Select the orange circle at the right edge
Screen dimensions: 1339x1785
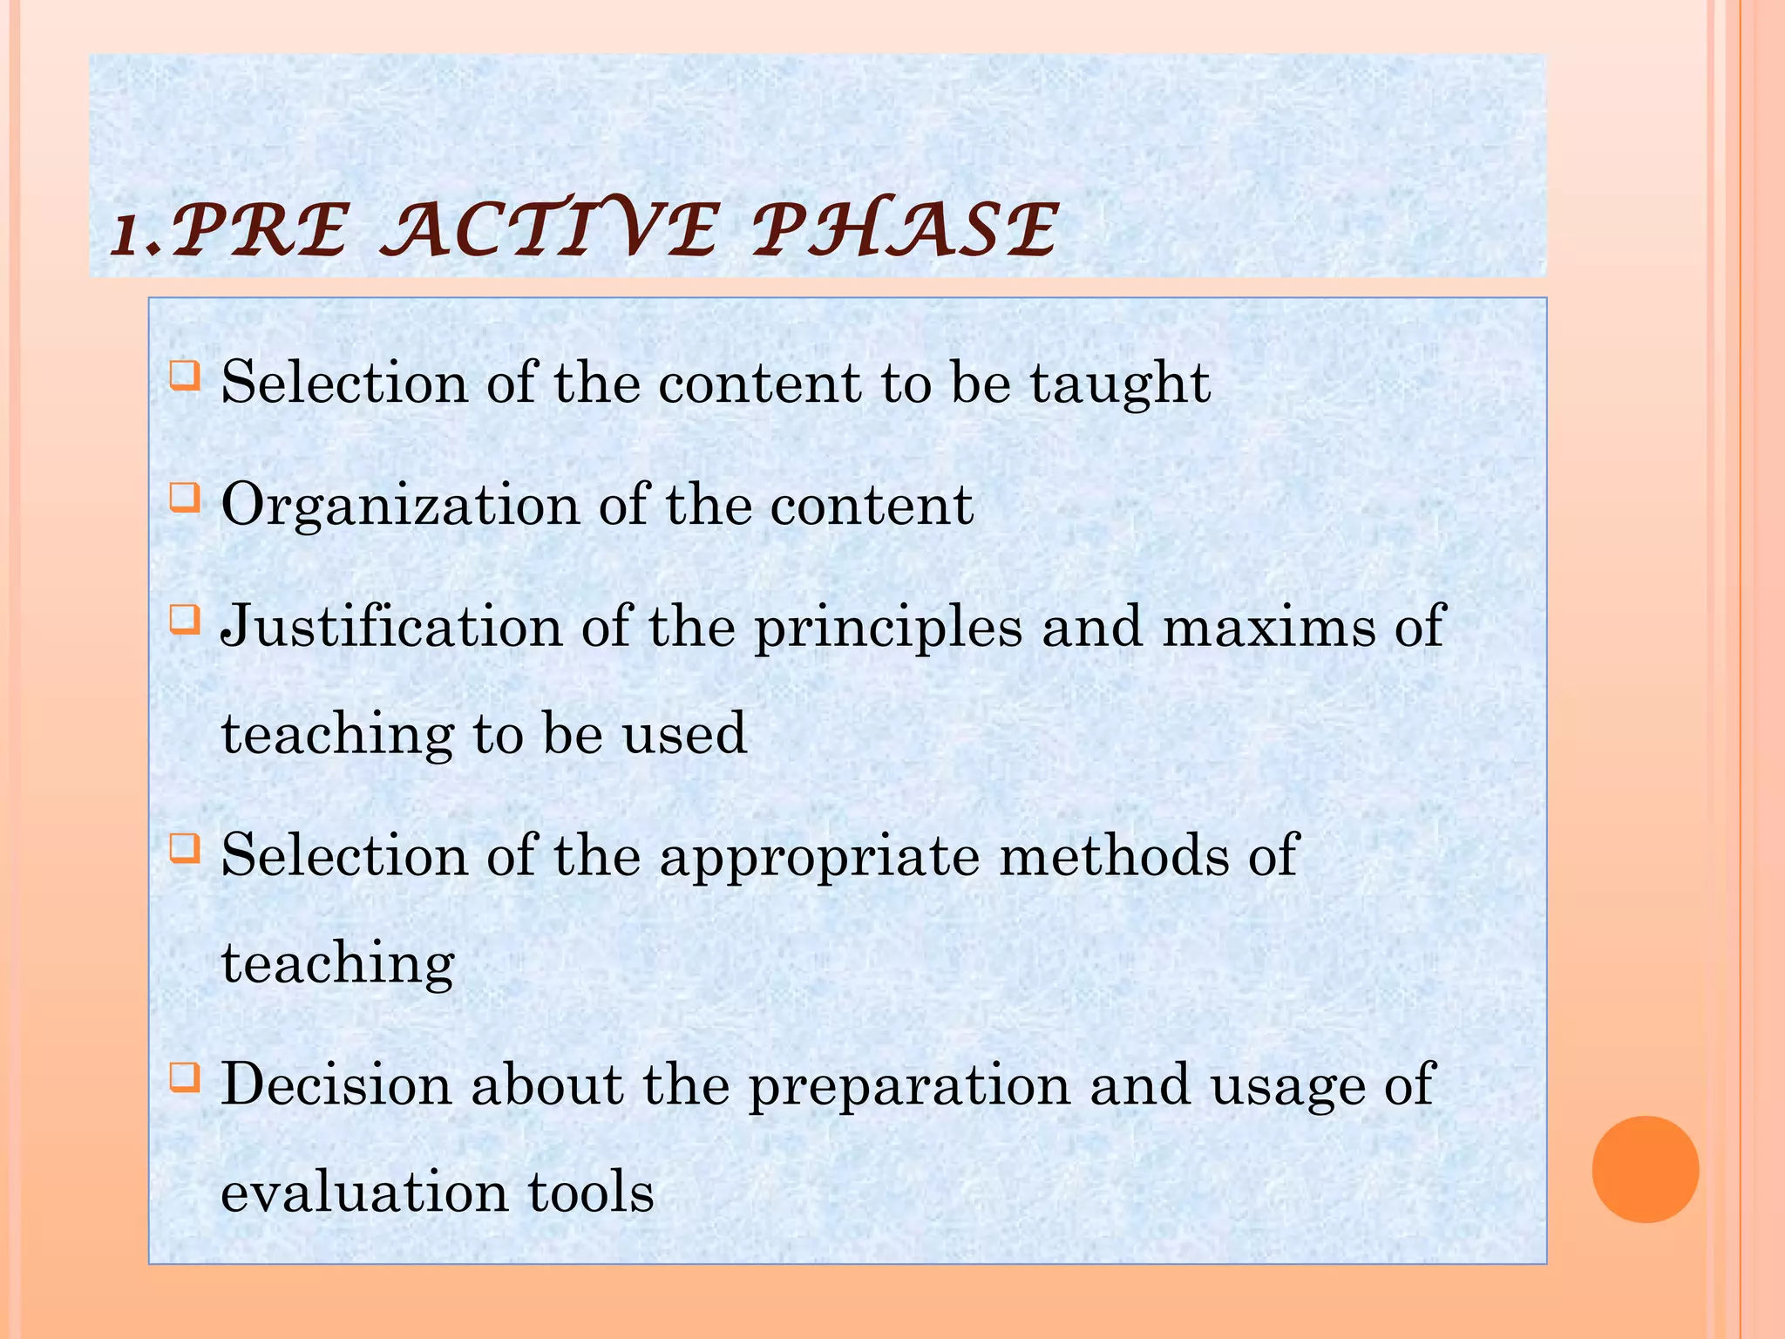click(x=1645, y=1169)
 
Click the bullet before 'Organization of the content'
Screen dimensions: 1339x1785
click(x=185, y=499)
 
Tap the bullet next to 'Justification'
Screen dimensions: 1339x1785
click(x=185, y=621)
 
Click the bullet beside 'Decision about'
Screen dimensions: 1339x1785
click(x=185, y=1078)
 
